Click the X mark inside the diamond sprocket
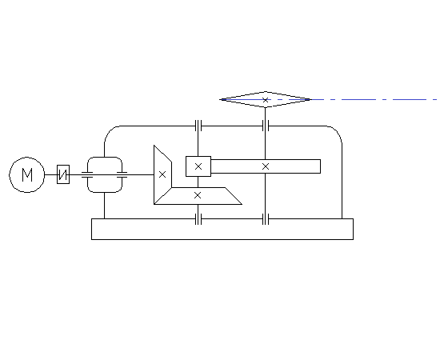[x=265, y=100]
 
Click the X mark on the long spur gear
[x=266, y=166]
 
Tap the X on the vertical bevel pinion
[x=162, y=174]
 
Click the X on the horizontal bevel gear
[x=198, y=195]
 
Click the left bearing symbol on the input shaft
[x=87, y=174]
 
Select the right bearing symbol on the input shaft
[x=122, y=174]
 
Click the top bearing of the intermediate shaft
[x=198, y=126]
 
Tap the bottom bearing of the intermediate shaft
[x=198, y=219]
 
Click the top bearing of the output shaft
[x=266, y=126]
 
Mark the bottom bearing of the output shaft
[x=266, y=219]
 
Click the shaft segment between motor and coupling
[x=50, y=174]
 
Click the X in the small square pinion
[x=198, y=166]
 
